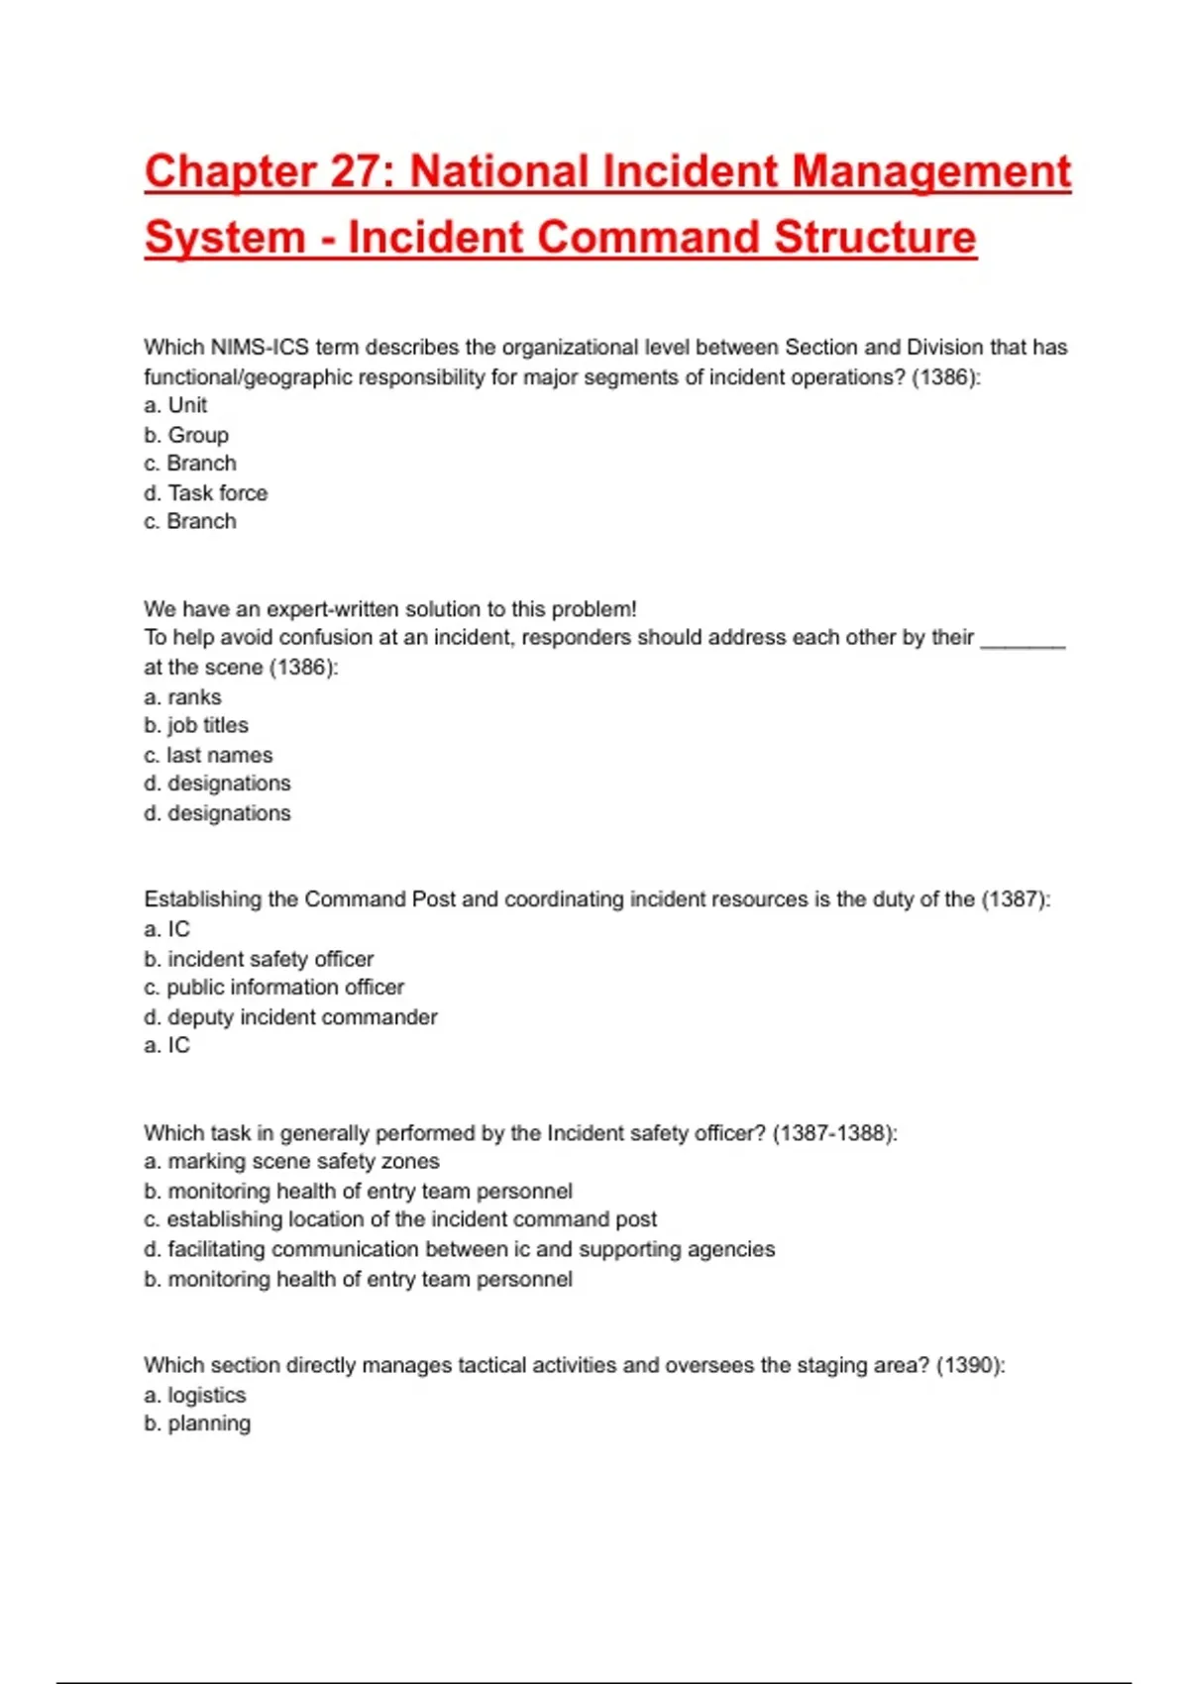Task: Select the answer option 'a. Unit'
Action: pos(175,405)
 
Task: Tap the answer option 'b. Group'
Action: pos(186,435)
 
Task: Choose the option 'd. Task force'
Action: pos(205,492)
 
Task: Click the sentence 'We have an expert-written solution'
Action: pos(389,608)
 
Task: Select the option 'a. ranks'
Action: pos(182,696)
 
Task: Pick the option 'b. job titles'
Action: pos(196,725)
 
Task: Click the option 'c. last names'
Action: pos(208,755)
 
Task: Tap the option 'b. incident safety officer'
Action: pos(259,959)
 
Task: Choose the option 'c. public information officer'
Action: pos(274,987)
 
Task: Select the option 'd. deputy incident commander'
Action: pos(290,1016)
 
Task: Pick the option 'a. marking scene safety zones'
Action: pos(291,1161)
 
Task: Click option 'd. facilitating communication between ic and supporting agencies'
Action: pos(459,1249)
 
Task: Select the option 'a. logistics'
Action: pos(194,1395)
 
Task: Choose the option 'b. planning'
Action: pos(197,1423)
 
